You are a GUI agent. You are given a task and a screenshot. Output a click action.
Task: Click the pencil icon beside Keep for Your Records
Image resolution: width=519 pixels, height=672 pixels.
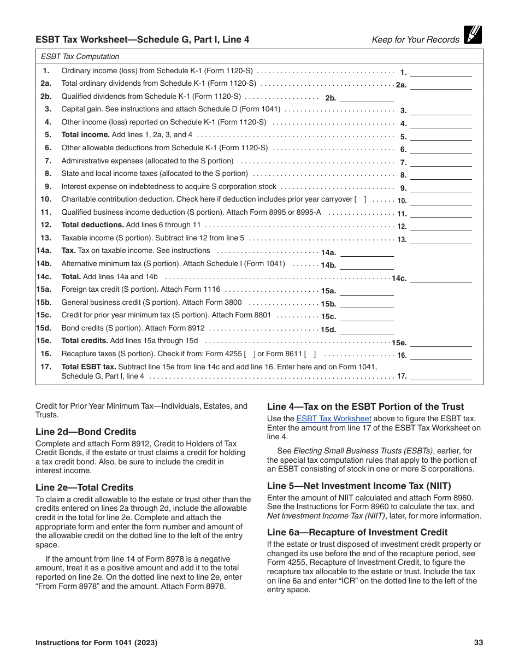tap(473, 35)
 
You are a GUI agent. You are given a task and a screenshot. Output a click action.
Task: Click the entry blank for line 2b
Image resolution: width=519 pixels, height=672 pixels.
tap(367, 98)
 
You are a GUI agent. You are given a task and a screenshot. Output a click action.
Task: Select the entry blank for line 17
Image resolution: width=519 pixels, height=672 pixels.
tap(441, 375)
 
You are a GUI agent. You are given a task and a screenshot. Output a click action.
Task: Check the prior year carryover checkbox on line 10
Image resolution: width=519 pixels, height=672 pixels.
tap(361, 199)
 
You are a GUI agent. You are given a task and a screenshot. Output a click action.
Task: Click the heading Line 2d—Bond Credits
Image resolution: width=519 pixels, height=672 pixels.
tap(86, 432)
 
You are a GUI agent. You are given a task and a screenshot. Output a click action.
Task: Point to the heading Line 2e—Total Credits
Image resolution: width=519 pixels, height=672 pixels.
tap(84, 487)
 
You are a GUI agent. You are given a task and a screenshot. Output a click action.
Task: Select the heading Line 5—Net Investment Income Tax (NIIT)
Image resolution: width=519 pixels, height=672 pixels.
tap(359, 486)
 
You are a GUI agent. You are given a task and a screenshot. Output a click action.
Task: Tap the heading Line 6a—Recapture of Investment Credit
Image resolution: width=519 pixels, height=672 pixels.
tap(357, 532)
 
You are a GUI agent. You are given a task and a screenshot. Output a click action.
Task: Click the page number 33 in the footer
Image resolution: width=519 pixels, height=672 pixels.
tap(478, 643)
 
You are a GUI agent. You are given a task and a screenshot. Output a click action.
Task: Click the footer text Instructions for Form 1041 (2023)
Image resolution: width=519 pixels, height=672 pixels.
tap(96, 643)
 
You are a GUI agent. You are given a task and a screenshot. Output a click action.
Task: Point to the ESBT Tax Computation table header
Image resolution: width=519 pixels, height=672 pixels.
tap(80, 56)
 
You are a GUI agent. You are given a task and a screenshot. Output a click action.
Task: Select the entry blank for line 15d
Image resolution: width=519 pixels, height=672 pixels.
tap(367, 329)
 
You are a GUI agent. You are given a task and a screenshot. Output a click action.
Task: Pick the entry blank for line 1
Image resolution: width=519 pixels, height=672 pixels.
tap(441, 72)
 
